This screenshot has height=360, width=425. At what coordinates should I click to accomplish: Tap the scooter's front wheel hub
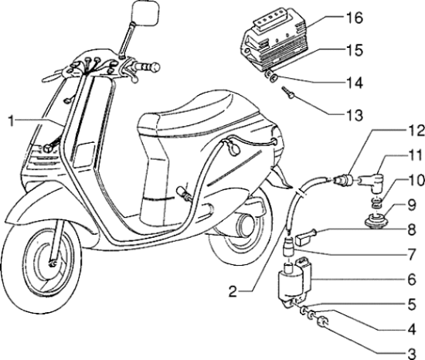53,264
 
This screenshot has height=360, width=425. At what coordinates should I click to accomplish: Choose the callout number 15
410,51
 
